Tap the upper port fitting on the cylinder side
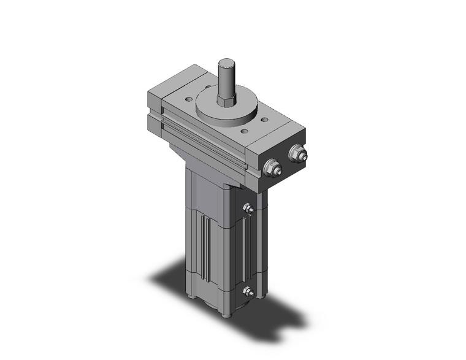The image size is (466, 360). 248,210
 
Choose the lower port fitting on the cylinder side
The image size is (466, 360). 248,291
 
